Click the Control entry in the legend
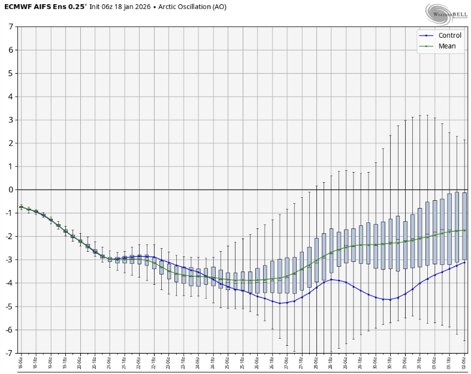click(x=446, y=35)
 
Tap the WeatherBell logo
click(x=446, y=12)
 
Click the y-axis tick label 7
click(x=11, y=27)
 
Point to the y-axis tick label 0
click(x=11, y=190)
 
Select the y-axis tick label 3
click(x=11, y=120)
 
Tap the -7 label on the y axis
click(x=10, y=353)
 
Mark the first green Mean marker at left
click(x=22, y=207)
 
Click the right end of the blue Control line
click(x=464, y=262)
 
